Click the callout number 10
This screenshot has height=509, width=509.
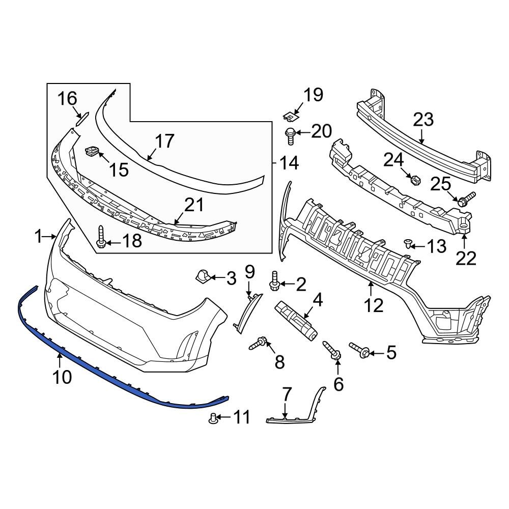[x=61, y=377]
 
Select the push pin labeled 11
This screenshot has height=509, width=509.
[x=214, y=419]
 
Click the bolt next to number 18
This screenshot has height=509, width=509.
[x=101, y=238]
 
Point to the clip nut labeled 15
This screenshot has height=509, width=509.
[x=92, y=151]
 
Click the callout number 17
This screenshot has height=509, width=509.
[x=164, y=141]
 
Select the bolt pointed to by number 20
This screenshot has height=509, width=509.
[x=289, y=135]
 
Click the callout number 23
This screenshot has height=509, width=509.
[x=423, y=120]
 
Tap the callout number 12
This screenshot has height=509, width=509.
[x=374, y=305]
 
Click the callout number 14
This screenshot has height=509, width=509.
[x=289, y=163]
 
